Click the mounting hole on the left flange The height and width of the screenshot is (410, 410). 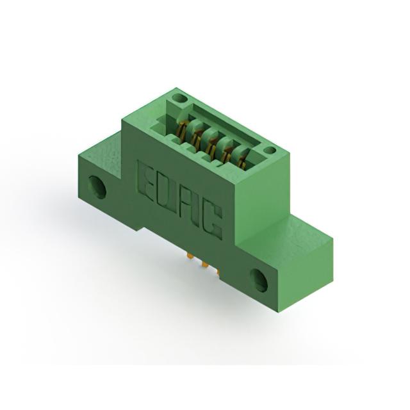[97, 186]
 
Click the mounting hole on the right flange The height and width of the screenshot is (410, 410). [259, 280]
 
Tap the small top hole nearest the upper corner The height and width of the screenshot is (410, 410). [180, 99]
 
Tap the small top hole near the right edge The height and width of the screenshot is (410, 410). [269, 151]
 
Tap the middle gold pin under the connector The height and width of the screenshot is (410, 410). [205, 264]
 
